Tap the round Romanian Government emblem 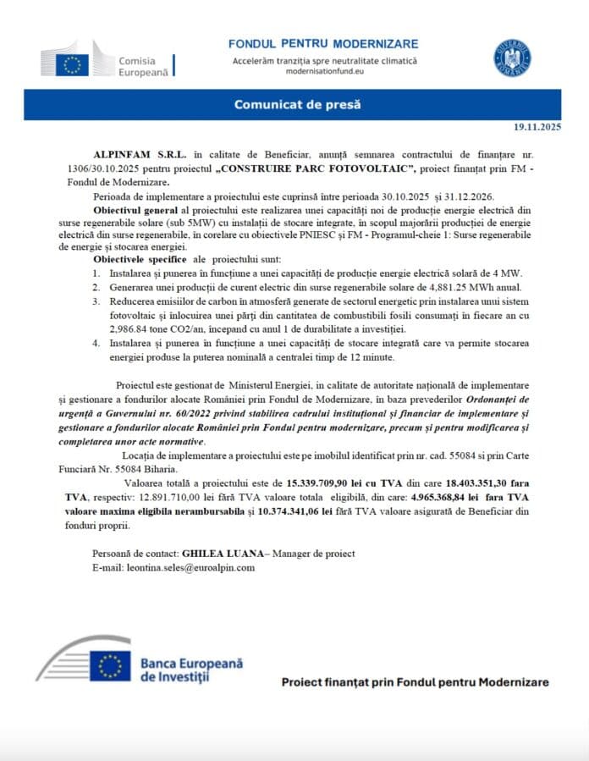[x=513, y=57]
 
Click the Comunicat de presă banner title [x=297, y=104]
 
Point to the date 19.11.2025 [x=537, y=127]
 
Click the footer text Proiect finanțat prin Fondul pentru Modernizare [x=414, y=681]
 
